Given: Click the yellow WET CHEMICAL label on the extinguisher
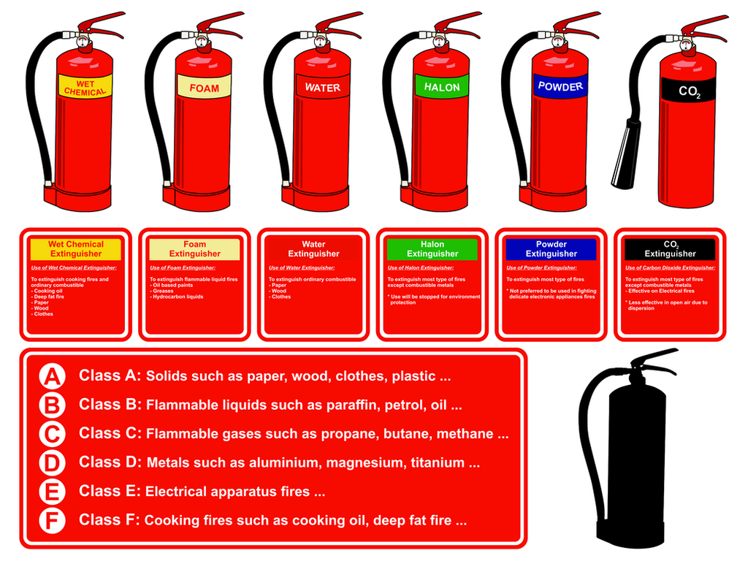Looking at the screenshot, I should click(85, 88).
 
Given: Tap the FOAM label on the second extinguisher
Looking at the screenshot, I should click(204, 88).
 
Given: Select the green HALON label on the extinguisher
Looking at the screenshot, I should click(442, 87).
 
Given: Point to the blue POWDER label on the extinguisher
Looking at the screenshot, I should click(560, 86).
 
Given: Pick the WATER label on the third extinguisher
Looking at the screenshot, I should click(322, 87).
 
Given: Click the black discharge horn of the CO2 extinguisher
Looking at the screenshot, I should click(626, 154).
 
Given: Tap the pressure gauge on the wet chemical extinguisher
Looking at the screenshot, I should click(83, 42).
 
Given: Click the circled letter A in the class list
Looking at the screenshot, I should click(52, 376).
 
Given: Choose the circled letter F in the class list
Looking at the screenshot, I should click(52, 520).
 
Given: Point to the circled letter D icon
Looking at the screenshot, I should click(52, 462).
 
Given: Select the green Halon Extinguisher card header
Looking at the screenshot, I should click(432, 249).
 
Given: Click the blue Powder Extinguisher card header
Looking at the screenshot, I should click(552, 249).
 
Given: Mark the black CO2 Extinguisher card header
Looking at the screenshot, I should click(670, 249).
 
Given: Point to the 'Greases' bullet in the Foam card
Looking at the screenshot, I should click(164, 291).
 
